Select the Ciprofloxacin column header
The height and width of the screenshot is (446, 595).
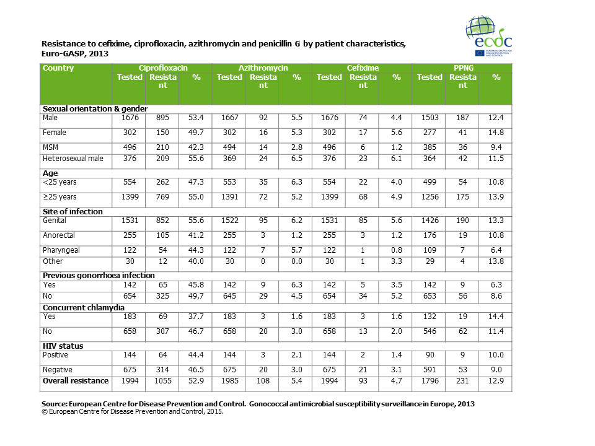[x=163, y=68]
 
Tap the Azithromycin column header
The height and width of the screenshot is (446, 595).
[x=263, y=68]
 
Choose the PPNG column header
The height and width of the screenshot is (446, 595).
[x=462, y=68]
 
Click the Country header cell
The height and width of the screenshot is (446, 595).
[x=58, y=68]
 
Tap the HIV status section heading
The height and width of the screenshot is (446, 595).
[x=63, y=346]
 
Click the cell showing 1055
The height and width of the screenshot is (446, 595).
[x=163, y=381]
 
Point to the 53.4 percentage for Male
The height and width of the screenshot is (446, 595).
[x=196, y=118]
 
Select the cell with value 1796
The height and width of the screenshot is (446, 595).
[x=430, y=381]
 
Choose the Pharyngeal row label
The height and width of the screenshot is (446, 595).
[x=61, y=251]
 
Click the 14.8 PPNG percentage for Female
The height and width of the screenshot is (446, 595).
[x=495, y=133]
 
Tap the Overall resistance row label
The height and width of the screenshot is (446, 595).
[x=75, y=381]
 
